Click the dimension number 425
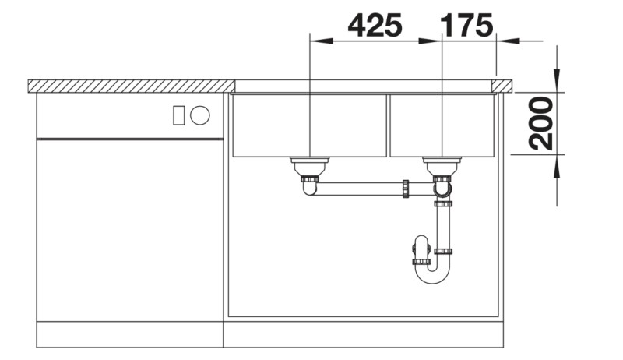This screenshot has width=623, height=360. click(375, 25)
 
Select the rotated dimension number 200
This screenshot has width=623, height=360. click(540, 123)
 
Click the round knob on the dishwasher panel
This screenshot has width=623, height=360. click(200, 115)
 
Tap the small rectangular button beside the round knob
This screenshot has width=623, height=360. click(178, 115)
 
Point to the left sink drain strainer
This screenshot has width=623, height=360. click(310, 164)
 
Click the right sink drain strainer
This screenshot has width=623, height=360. click(442, 164)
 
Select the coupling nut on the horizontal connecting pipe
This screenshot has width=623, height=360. click(406, 188)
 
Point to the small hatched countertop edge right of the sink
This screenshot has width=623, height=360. click(503, 85)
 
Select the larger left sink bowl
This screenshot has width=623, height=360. click(310, 125)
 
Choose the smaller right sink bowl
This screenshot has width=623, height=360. click(442, 125)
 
